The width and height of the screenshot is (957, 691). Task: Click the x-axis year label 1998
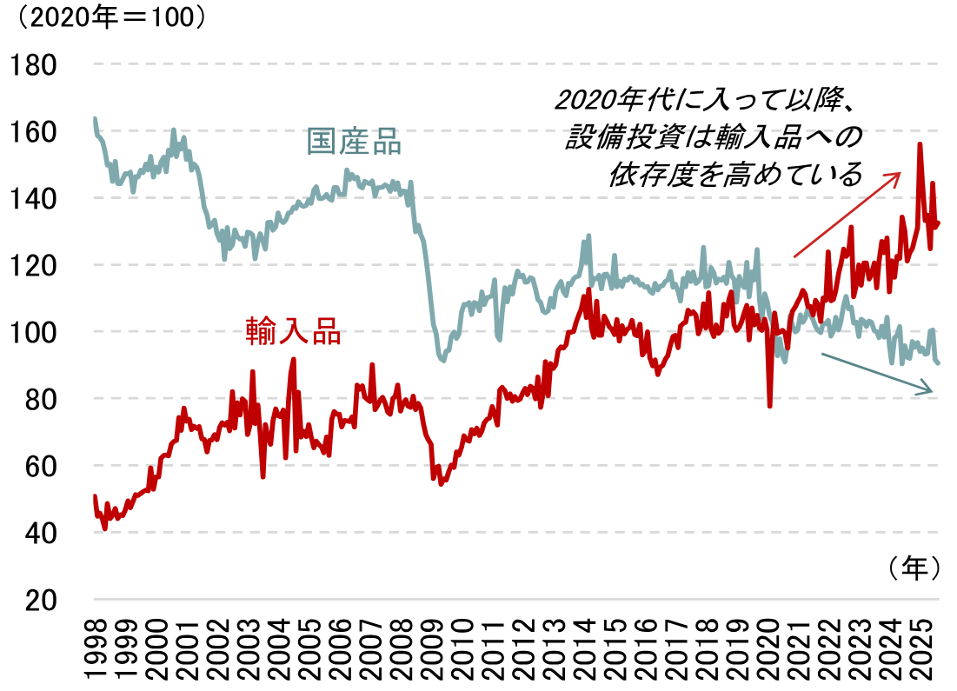(x=95, y=648)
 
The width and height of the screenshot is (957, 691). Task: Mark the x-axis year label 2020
(x=769, y=648)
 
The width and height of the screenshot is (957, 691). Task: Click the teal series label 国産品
(x=355, y=142)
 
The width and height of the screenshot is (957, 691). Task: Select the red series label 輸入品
(x=293, y=331)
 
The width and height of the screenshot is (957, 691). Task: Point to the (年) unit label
(x=914, y=568)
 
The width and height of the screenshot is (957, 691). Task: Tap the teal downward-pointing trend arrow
(x=878, y=374)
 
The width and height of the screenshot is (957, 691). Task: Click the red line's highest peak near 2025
(x=920, y=145)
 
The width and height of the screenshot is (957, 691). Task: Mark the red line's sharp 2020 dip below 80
(x=770, y=405)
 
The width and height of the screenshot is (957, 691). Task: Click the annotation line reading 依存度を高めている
(x=734, y=175)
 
